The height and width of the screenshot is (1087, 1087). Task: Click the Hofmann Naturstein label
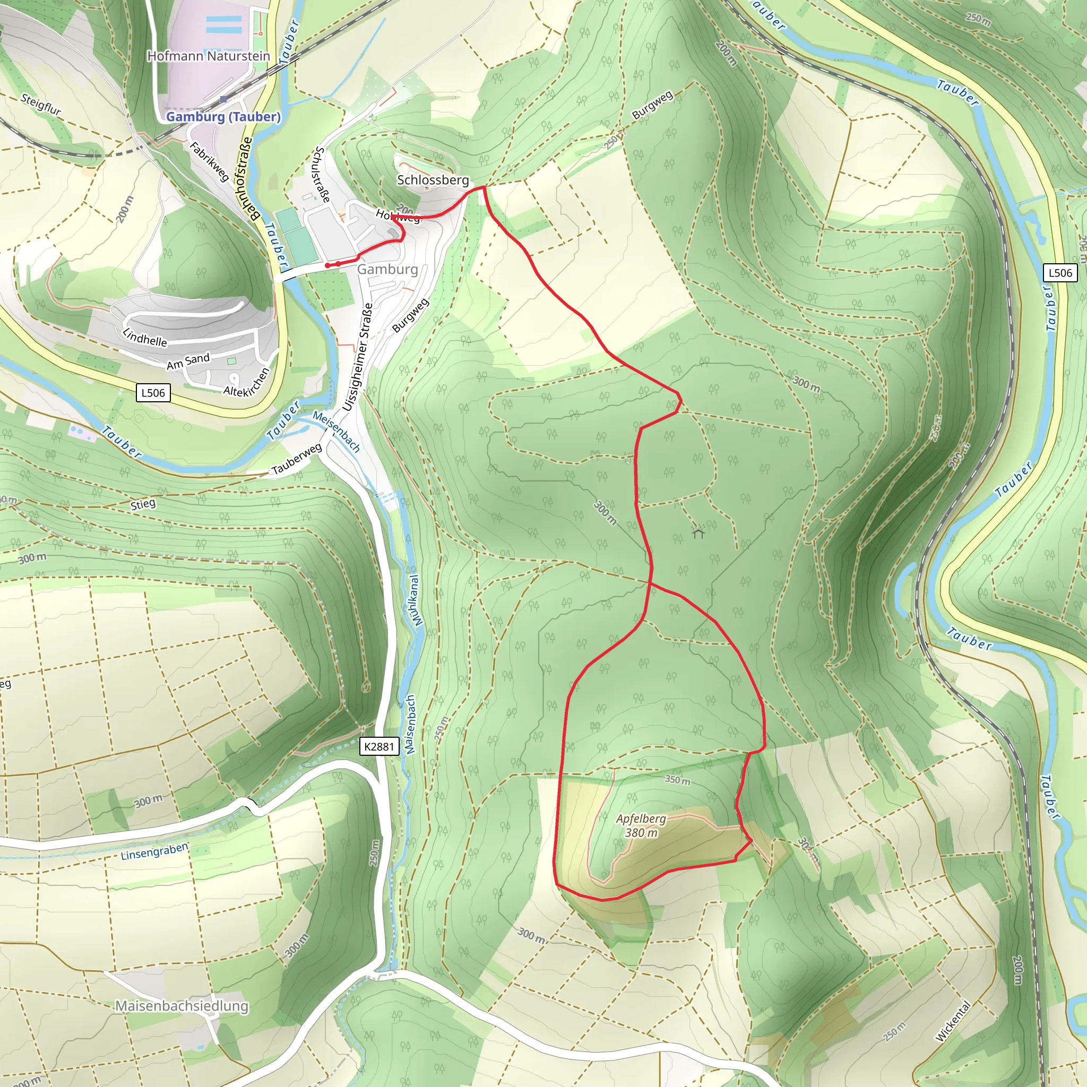(x=208, y=56)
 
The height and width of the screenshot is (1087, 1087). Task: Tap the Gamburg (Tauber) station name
(x=223, y=116)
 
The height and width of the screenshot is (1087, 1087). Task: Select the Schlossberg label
(x=433, y=179)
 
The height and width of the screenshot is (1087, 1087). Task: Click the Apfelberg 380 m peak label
(x=641, y=825)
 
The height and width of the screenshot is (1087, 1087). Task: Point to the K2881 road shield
(x=379, y=747)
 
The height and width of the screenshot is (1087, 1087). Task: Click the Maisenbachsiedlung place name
(x=181, y=1006)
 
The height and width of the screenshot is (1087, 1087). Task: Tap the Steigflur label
(x=40, y=104)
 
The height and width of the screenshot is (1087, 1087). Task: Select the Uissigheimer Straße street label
(x=358, y=357)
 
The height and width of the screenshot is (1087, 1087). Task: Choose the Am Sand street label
(x=188, y=361)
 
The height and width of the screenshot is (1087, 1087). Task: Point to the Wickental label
(x=953, y=1021)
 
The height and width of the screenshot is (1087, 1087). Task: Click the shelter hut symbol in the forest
(x=698, y=532)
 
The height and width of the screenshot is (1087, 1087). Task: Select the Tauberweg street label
(x=297, y=459)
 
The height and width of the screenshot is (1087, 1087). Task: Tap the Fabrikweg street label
(x=209, y=162)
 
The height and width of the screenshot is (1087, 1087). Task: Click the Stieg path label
(x=143, y=504)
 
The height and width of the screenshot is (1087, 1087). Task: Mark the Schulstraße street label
(x=322, y=175)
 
